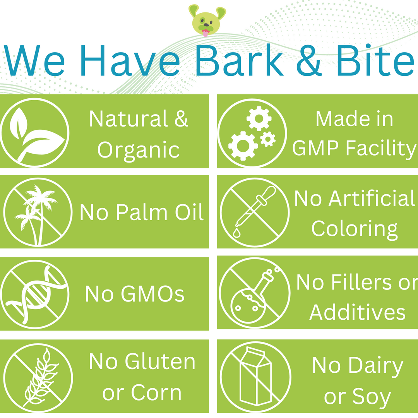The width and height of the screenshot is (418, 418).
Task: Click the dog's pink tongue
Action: [205, 33]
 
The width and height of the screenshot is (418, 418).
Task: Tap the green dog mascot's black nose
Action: [206, 24]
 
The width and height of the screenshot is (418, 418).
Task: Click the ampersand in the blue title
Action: [309, 60]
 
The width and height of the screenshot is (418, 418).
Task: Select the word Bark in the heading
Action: [239, 60]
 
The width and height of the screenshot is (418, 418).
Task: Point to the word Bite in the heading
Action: [375, 60]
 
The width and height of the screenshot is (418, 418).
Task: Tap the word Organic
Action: [138, 150]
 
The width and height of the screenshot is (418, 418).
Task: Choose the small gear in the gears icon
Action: [268, 139]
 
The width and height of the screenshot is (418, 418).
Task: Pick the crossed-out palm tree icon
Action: [38, 212]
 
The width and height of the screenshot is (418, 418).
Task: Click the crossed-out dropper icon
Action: [255, 212]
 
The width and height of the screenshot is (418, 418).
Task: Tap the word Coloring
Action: [354, 229]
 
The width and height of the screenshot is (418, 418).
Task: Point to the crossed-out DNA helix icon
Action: [35, 294]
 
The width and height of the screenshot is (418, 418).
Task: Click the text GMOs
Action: [135, 294]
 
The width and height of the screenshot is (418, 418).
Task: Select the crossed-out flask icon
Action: [255, 293]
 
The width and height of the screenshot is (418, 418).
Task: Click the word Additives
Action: [357, 312]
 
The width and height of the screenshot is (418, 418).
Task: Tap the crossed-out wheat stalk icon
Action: [38, 378]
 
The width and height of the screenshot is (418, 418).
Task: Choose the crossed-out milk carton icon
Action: [255, 377]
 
